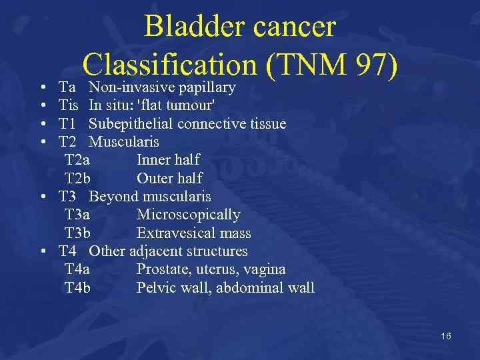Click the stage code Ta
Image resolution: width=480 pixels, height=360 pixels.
tap(67, 87)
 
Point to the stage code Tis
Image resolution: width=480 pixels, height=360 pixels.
tap(68, 105)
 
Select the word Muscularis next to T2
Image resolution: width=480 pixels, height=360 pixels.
tap(124, 142)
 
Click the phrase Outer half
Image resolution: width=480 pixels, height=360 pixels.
tap(169, 179)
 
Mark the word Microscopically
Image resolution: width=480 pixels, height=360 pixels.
tap(188, 215)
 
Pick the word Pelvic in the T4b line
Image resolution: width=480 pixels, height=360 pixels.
tap(155, 288)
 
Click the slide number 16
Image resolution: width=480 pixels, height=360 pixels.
tap(445, 336)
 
